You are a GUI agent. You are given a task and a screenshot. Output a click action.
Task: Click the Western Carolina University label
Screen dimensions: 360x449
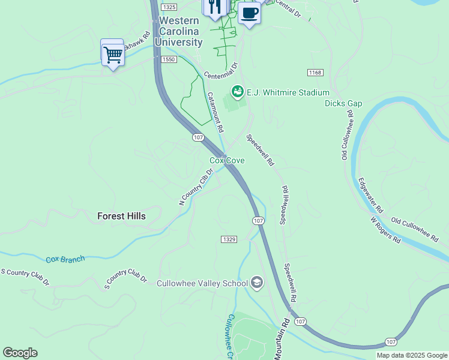(178, 32)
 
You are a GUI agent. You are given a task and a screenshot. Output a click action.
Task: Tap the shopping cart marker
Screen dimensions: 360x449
(112, 55)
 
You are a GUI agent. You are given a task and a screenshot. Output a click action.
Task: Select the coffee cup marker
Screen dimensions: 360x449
(249, 13)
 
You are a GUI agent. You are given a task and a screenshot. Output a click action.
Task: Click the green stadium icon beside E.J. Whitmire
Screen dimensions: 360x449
(237, 92)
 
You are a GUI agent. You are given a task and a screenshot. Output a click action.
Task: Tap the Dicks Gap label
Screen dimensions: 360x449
(343, 103)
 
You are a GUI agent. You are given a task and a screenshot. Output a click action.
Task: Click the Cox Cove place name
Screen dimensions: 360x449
(226, 160)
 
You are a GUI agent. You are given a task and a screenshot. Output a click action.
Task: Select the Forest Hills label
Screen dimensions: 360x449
(121, 216)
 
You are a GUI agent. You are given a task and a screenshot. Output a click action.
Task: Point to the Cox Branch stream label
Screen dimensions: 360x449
(65, 259)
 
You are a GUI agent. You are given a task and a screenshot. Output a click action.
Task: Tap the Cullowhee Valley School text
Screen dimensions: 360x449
(202, 284)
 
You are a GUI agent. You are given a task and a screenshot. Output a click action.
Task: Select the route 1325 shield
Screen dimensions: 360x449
(170, 7)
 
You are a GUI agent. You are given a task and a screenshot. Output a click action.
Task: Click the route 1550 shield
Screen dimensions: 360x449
(168, 59)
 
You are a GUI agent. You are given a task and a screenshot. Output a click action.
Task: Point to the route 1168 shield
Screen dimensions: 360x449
(315, 73)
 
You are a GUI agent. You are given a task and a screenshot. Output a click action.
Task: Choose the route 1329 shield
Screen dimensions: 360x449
(229, 239)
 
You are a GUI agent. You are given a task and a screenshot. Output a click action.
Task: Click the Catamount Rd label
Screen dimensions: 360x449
(215, 112)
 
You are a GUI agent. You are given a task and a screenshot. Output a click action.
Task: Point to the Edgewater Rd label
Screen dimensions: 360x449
(370, 196)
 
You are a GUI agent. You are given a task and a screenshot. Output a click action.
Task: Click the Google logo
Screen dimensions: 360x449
(20, 353)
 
